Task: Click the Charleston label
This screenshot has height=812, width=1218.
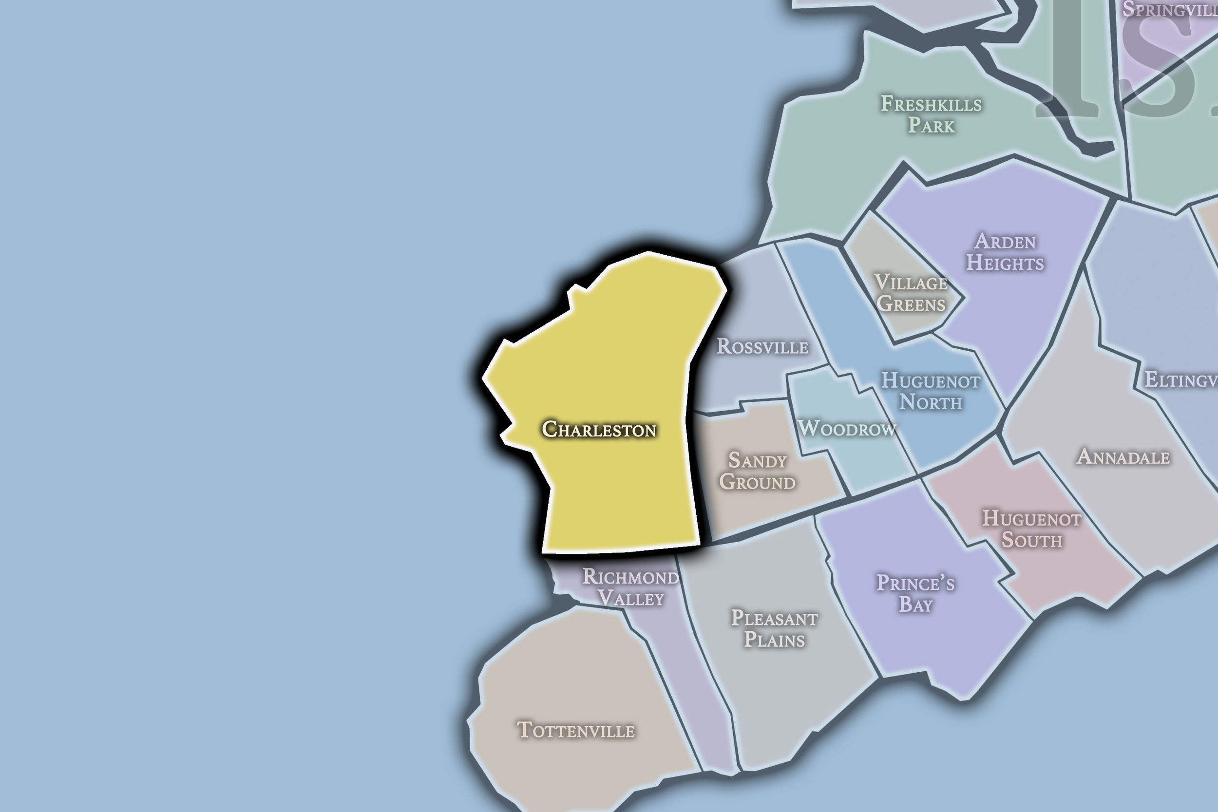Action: coord(599,429)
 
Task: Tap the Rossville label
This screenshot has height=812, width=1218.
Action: coord(762,346)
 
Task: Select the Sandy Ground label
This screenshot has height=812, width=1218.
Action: coord(757,471)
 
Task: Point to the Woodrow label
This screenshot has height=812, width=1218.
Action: coord(847,428)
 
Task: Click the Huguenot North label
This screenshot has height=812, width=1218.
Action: coord(931,392)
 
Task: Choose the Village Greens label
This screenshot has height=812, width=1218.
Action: coord(911,293)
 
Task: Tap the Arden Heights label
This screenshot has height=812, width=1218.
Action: coord(1005,252)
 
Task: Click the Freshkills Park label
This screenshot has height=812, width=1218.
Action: coord(931,114)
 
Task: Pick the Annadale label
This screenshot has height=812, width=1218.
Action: coord(1123,457)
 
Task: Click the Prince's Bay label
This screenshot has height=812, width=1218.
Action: coord(915,593)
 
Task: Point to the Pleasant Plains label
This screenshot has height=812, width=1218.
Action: coord(774,629)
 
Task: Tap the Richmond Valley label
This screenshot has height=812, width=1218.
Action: coord(631,587)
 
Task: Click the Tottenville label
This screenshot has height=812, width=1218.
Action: coord(576,730)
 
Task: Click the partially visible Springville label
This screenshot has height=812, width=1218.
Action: coord(1169,9)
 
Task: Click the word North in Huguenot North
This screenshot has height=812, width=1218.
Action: coord(931,402)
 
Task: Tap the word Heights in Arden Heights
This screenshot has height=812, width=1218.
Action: coord(1005,263)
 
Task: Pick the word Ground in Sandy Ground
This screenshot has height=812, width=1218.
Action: coord(757,482)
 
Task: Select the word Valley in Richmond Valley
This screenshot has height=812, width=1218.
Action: coord(631,598)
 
